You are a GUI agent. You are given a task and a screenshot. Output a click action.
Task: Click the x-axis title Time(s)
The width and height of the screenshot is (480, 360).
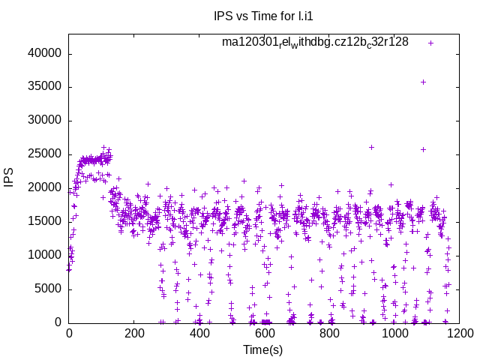[x=262, y=349]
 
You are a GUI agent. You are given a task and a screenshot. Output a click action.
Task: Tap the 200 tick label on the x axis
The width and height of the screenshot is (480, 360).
[x=133, y=334]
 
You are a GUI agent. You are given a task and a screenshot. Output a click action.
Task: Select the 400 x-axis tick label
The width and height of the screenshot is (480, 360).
[x=199, y=334]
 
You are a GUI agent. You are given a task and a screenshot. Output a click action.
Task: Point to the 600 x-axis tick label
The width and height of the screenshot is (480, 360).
[x=263, y=334]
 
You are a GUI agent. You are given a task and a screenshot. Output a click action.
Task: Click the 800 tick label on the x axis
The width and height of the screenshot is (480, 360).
[x=328, y=334]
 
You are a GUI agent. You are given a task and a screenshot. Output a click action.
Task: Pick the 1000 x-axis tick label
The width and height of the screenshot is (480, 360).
[x=393, y=334]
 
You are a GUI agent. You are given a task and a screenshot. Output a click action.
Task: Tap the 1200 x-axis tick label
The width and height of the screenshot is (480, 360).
[x=457, y=334]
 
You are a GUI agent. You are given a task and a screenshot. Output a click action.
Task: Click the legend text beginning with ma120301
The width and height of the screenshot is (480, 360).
[x=315, y=42]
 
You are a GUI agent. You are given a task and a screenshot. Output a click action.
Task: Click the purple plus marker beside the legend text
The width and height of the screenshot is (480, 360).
[x=430, y=43]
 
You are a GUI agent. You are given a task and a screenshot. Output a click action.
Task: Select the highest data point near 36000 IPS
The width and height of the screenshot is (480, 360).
[x=423, y=82]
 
